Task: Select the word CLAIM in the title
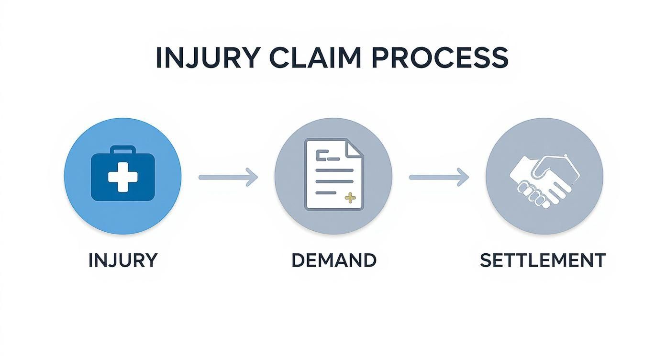point(315,57)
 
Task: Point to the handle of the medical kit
point(122,150)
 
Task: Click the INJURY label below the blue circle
point(122,260)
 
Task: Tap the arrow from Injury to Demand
point(228,177)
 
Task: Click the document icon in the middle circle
point(333,175)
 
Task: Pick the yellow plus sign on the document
point(350,197)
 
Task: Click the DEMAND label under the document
point(333,260)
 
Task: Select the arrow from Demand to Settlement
point(438,177)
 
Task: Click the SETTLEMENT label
point(543,260)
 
